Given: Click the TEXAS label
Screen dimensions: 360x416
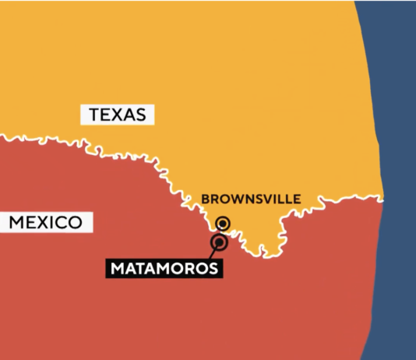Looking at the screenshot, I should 117,115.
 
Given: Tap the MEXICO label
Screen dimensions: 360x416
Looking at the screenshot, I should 46,223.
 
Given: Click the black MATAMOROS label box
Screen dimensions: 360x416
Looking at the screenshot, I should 164,269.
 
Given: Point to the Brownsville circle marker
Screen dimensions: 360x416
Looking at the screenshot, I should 224,224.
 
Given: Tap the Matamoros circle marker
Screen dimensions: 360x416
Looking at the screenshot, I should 219,243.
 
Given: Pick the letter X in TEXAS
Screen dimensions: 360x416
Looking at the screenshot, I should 118,115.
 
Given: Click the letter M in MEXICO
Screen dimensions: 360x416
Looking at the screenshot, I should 17,223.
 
